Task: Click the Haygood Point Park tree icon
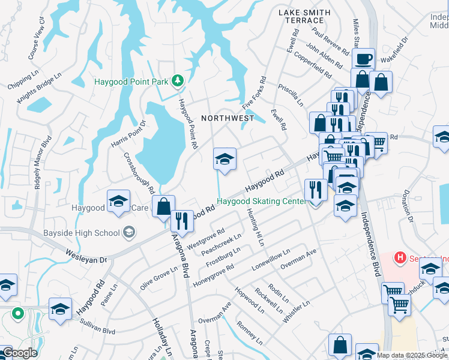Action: (x=177, y=80)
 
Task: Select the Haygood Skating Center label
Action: (x=261, y=202)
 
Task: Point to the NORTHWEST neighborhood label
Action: (x=228, y=118)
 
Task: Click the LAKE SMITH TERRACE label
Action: (x=304, y=16)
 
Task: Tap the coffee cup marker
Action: (x=363, y=59)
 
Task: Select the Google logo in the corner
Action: (x=19, y=353)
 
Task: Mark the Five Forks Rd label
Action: (x=254, y=93)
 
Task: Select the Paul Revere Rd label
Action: (x=330, y=40)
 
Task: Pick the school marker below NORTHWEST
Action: (x=225, y=159)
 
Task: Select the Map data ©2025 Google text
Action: (x=412, y=355)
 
